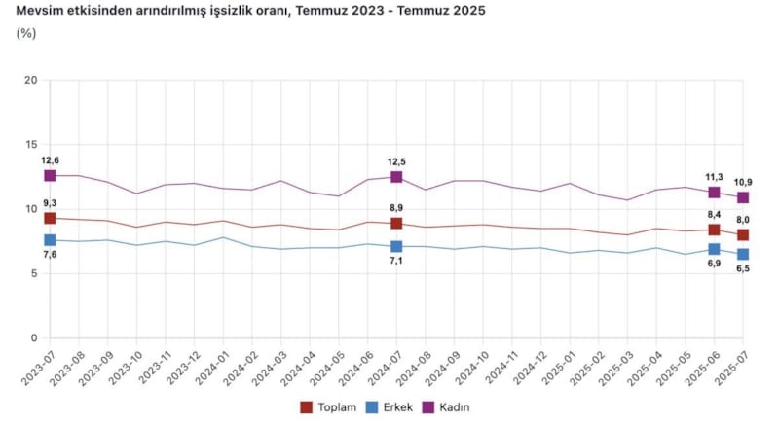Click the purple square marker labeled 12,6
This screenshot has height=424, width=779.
click(50, 175)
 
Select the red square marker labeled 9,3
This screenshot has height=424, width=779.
click(50, 218)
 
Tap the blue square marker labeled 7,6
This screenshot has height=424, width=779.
click(50, 239)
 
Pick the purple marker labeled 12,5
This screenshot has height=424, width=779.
click(396, 176)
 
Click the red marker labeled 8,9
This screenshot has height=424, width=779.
click(396, 223)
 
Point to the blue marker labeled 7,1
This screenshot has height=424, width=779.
click(396, 247)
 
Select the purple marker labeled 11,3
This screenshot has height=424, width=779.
click(714, 193)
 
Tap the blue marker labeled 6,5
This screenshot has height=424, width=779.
click(743, 254)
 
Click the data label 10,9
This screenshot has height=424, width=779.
click(743, 182)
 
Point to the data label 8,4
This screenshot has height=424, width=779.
click(714, 215)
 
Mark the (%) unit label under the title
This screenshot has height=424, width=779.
click(26, 33)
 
